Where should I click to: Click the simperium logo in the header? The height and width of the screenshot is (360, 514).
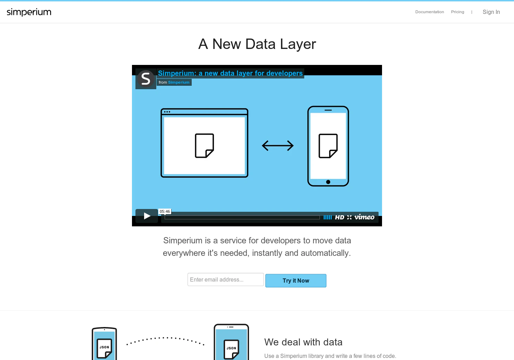coord(29,12)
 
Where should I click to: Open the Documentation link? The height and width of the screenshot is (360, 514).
coord(430,12)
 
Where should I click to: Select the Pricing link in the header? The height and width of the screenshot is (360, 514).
coord(457,12)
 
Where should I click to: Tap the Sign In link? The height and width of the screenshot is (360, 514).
coord(491,12)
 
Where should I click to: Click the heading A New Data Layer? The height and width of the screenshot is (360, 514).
coord(257,44)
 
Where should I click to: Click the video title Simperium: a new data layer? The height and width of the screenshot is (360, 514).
coord(230,73)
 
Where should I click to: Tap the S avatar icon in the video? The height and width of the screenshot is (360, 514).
coord(146,79)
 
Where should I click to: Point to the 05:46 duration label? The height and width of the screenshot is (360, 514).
coord(165,211)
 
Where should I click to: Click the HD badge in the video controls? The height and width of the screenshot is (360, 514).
coord(340,217)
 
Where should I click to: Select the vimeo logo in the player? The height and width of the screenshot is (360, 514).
coord(364,217)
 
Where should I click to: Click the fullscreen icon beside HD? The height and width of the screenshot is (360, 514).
coord(349,217)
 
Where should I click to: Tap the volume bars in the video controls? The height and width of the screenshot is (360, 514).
coord(328,217)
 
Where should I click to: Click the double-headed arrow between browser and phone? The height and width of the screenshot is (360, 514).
coord(277,146)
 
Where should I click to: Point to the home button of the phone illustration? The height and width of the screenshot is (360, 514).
coord(328,182)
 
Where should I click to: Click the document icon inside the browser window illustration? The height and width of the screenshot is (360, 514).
coord(205,145)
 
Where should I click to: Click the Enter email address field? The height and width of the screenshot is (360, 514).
coord(225,279)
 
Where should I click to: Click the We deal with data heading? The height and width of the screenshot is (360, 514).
coord(303,342)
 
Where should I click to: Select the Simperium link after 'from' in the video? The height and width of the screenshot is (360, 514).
coord(179,82)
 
